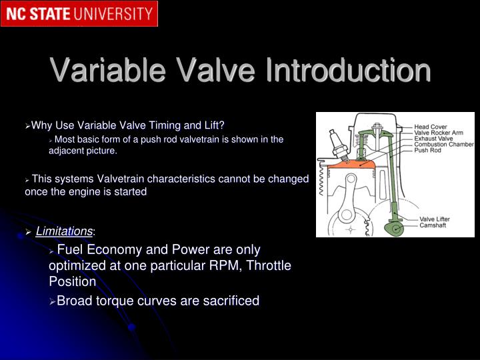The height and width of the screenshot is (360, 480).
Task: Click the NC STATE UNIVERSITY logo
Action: click(x=79, y=13)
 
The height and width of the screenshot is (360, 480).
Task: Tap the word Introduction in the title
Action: click(x=347, y=71)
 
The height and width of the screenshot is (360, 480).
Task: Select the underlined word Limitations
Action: click(x=64, y=231)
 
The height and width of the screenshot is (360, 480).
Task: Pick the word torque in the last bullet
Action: click(x=117, y=301)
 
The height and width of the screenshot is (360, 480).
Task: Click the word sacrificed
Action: click(x=225, y=301)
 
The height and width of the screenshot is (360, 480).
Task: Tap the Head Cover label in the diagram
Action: click(x=431, y=127)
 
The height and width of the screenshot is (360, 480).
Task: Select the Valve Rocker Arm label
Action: click(x=439, y=133)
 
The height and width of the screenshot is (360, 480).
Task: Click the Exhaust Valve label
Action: click(x=433, y=139)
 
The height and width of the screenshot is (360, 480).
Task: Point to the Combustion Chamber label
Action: click(x=444, y=145)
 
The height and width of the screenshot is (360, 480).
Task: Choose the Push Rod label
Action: click(x=428, y=151)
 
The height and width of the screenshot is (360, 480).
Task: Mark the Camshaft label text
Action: click(x=433, y=225)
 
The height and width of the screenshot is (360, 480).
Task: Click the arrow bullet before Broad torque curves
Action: click(x=53, y=301)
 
